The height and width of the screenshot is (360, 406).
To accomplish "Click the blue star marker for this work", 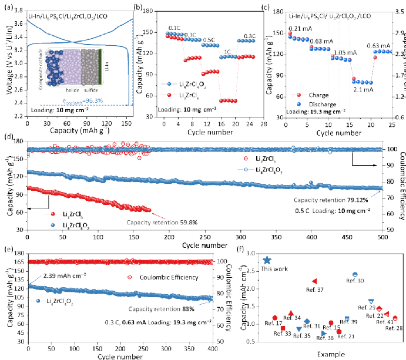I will pyautogui.click(x=267, y=260).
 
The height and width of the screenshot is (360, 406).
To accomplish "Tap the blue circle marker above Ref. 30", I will pyautogui.click(x=355, y=274).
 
